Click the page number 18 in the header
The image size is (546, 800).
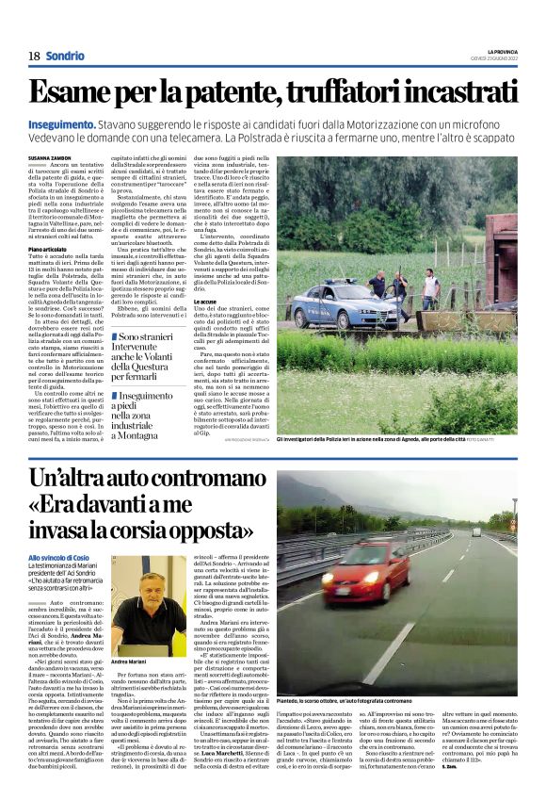pos(34,56)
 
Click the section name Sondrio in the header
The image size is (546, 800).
pos(65,56)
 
